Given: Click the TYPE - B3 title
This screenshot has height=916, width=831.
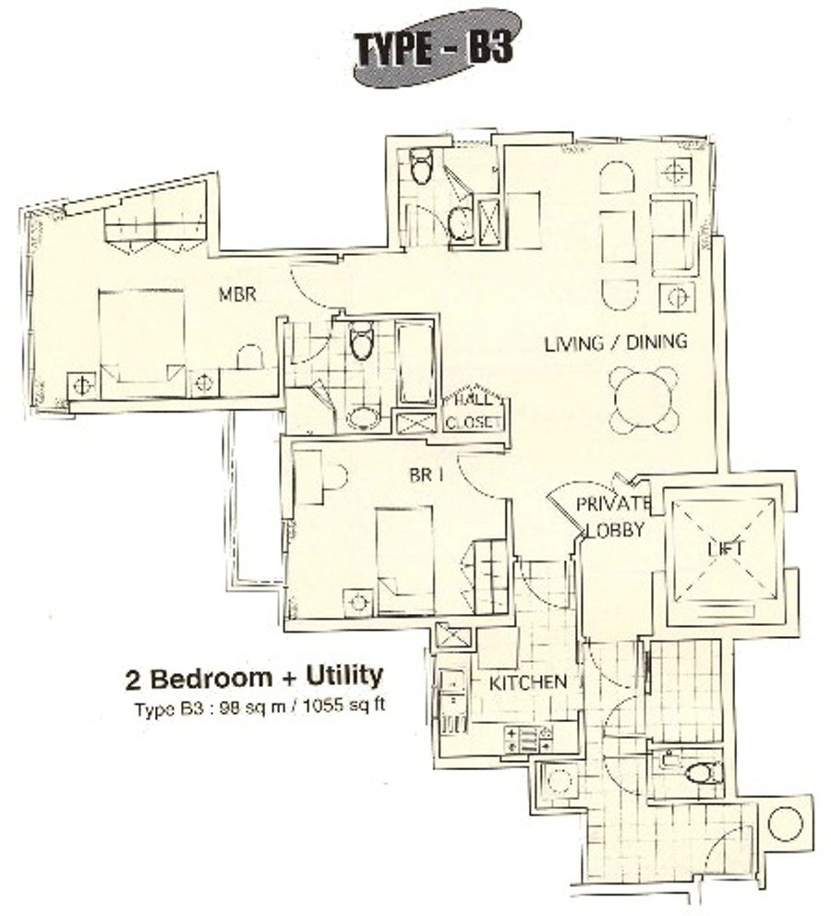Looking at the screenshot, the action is pos(435,49).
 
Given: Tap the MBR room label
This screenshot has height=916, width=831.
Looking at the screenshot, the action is pos(237,294).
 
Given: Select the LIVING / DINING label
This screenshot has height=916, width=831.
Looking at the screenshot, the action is pos(616,343).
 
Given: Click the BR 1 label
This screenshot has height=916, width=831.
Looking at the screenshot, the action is pos(427,475).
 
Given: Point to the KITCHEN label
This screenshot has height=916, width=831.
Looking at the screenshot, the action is pos(527,682).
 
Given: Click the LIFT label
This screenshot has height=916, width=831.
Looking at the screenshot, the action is pos(727,548).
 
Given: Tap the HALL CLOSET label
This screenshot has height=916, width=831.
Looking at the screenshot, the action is pos(473,411).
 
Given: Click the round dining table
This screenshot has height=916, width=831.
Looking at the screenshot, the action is pos(644,400).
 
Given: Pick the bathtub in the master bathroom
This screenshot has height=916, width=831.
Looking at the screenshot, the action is pos(415,364).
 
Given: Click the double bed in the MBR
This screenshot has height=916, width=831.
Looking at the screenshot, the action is pos(142,343).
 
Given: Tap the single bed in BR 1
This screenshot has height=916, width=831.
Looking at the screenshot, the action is pos(405,560).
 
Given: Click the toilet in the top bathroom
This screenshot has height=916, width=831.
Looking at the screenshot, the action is pos(420,166).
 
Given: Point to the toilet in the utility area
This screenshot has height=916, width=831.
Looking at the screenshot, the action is pos(703,773).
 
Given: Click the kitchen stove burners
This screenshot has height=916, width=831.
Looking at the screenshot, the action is pos(528,739).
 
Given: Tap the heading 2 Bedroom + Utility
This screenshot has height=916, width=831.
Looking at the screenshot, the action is pos(254,678).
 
